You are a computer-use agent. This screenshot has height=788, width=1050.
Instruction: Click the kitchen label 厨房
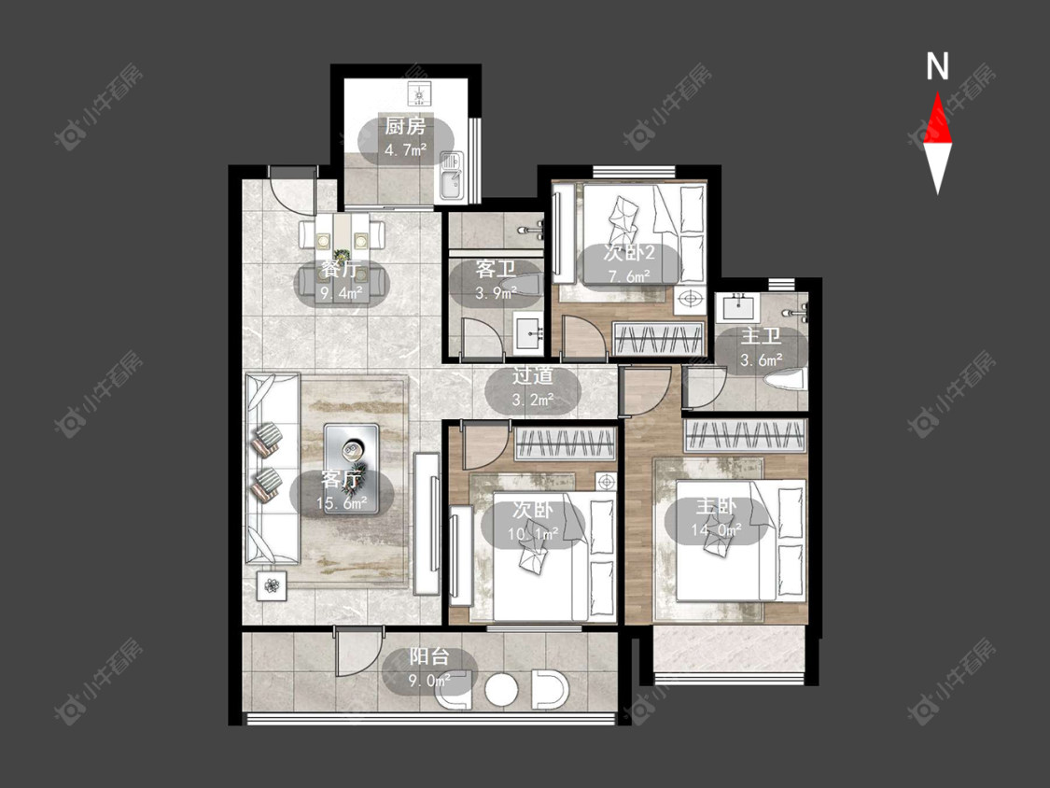tap(405, 127)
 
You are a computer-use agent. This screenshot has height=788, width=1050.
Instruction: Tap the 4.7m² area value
tap(405, 149)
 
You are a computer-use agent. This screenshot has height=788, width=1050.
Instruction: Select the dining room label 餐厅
tap(341, 270)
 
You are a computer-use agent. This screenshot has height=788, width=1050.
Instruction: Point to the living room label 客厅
tap(341, 479)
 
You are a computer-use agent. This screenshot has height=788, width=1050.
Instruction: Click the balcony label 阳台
tap(429, 656)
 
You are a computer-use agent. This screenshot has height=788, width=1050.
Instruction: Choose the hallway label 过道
tap(533, 375)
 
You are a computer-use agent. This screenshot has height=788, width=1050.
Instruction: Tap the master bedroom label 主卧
tap(716, 507)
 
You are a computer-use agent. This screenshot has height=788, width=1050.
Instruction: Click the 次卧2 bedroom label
tap(629, 253)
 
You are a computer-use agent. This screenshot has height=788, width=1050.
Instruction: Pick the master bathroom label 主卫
tap(761, 336)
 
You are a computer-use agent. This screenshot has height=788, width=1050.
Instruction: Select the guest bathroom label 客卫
tap(496, 270)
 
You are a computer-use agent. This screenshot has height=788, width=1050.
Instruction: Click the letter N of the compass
tap(937, 66)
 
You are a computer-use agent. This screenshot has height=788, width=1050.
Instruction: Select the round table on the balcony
tap(500, 689)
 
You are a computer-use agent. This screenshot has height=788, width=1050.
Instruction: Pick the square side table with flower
tap(272, 586)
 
